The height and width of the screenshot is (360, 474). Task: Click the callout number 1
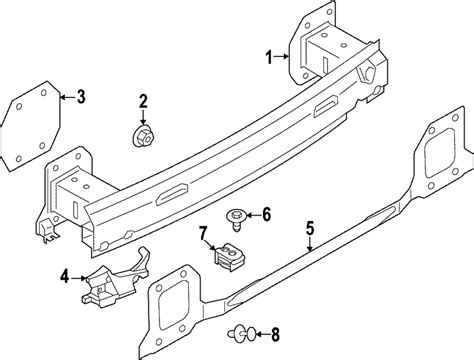[x=269, y=58]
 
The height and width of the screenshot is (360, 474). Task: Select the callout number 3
[x=81, y=97]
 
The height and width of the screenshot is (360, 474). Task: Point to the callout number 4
[x=64, y=275]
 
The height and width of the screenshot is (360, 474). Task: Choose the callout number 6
[x=267, y=213]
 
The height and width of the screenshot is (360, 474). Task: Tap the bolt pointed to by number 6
[x=238, y=214]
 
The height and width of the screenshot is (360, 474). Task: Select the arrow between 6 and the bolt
[x=253, y=213]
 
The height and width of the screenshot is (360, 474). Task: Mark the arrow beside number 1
[x=282, y=58]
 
